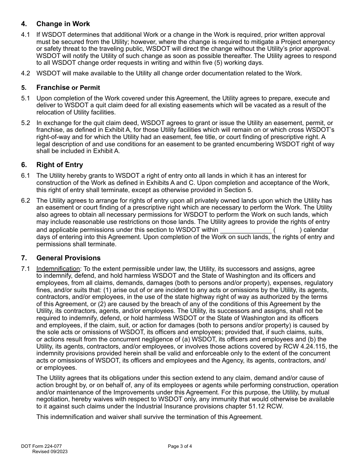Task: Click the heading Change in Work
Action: coord(63,24)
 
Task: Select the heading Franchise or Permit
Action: coord(68,88)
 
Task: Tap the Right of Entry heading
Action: coord(59,165)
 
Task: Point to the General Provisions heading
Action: coord(68,258)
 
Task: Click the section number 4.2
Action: coord(25,73)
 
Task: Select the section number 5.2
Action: coord(25,123)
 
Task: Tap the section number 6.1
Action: coord(25,176)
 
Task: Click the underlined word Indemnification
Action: coord(58,269)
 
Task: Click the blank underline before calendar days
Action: coord(246,230)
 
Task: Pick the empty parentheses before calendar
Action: coord(287,230)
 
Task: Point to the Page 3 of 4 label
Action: coord(180,446)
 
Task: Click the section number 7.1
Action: coord(25,269)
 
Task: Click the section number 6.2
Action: coord(25,201)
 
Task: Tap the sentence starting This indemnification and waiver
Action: coord(149,417)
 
